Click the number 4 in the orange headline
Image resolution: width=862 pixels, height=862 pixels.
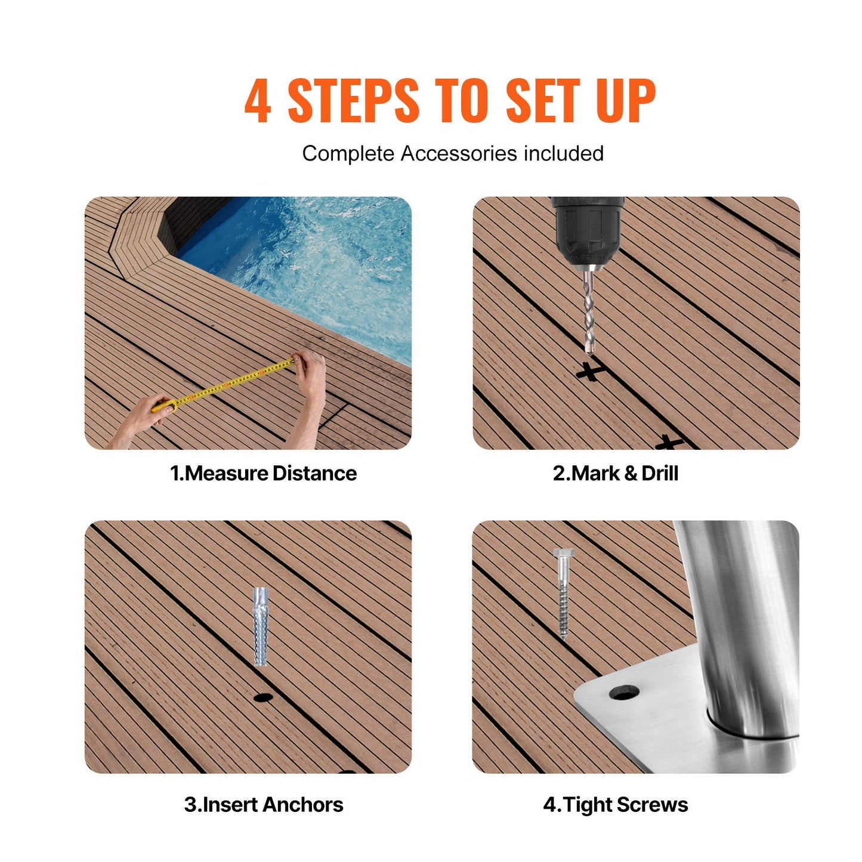(258, 101)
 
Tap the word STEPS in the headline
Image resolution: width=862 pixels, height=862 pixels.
(353, 101)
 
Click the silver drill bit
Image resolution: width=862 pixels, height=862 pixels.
(589, 310)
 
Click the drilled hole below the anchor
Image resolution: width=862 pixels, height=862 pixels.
(262, 697)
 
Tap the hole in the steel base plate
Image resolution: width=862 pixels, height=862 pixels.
(624, 693)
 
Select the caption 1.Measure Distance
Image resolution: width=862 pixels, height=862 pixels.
(263, 474)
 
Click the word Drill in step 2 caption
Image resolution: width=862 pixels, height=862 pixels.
(660, 474)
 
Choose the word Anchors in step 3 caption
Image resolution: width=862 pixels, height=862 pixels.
(303, 805)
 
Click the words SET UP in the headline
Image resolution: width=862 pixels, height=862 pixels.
(580, 101)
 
